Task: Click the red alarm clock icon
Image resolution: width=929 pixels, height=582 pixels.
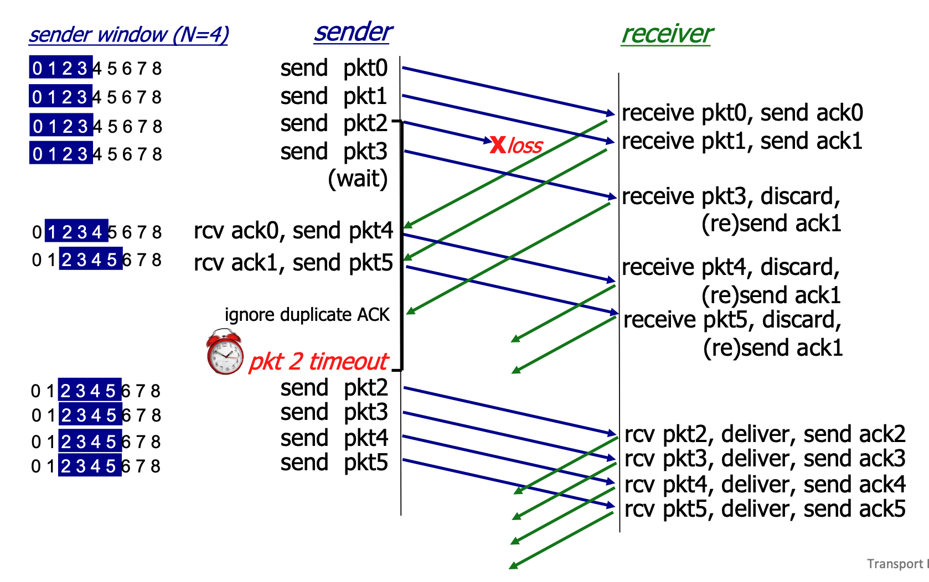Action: click(x=224, y=352)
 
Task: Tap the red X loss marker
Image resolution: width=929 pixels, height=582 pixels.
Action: click(x=498, y=145)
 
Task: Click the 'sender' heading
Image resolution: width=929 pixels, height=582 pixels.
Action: click(x=353, y=32)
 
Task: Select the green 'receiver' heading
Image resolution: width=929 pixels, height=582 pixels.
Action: click(x=667, y=34)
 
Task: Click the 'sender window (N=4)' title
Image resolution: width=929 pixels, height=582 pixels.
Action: click(x=128, y=35)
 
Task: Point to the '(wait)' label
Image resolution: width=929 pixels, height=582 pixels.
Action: click(x=358, y=179)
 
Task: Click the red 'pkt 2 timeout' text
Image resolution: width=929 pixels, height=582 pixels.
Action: click(x=318, y=362)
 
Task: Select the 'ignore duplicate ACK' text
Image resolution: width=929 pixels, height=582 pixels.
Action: click(x=307, y=315)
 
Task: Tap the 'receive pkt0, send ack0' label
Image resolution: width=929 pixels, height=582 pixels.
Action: click(x=742, y=113)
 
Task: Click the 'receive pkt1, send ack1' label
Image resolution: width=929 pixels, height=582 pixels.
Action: click(x=742, y=141)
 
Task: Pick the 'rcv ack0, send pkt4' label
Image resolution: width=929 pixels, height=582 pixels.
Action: click(x=293, y=231)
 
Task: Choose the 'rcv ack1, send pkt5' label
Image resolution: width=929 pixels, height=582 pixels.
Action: click(x=293, y=263)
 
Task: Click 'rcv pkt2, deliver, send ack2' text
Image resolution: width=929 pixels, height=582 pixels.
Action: click(x=765, y=434)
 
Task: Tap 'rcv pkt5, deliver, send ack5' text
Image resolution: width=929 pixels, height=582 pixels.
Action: click(x=765, y=509)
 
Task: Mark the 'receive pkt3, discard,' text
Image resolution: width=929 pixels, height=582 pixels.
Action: click(x=731, y=196)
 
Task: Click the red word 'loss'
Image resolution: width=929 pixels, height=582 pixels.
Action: click(x=525, y=146)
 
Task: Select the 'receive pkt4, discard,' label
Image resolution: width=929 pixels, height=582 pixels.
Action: click(x=731, y=267)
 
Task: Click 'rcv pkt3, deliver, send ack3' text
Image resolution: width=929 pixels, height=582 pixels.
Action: click(x=765, y=459)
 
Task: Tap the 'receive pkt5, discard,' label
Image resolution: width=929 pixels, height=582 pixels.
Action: click(x=732, y=320)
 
